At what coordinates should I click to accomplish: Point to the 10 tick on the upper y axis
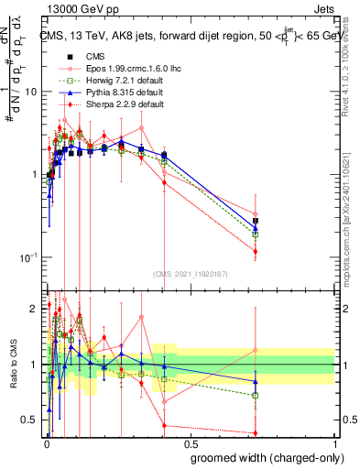[32, 92]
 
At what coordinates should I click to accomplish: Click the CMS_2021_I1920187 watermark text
[191, 274]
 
